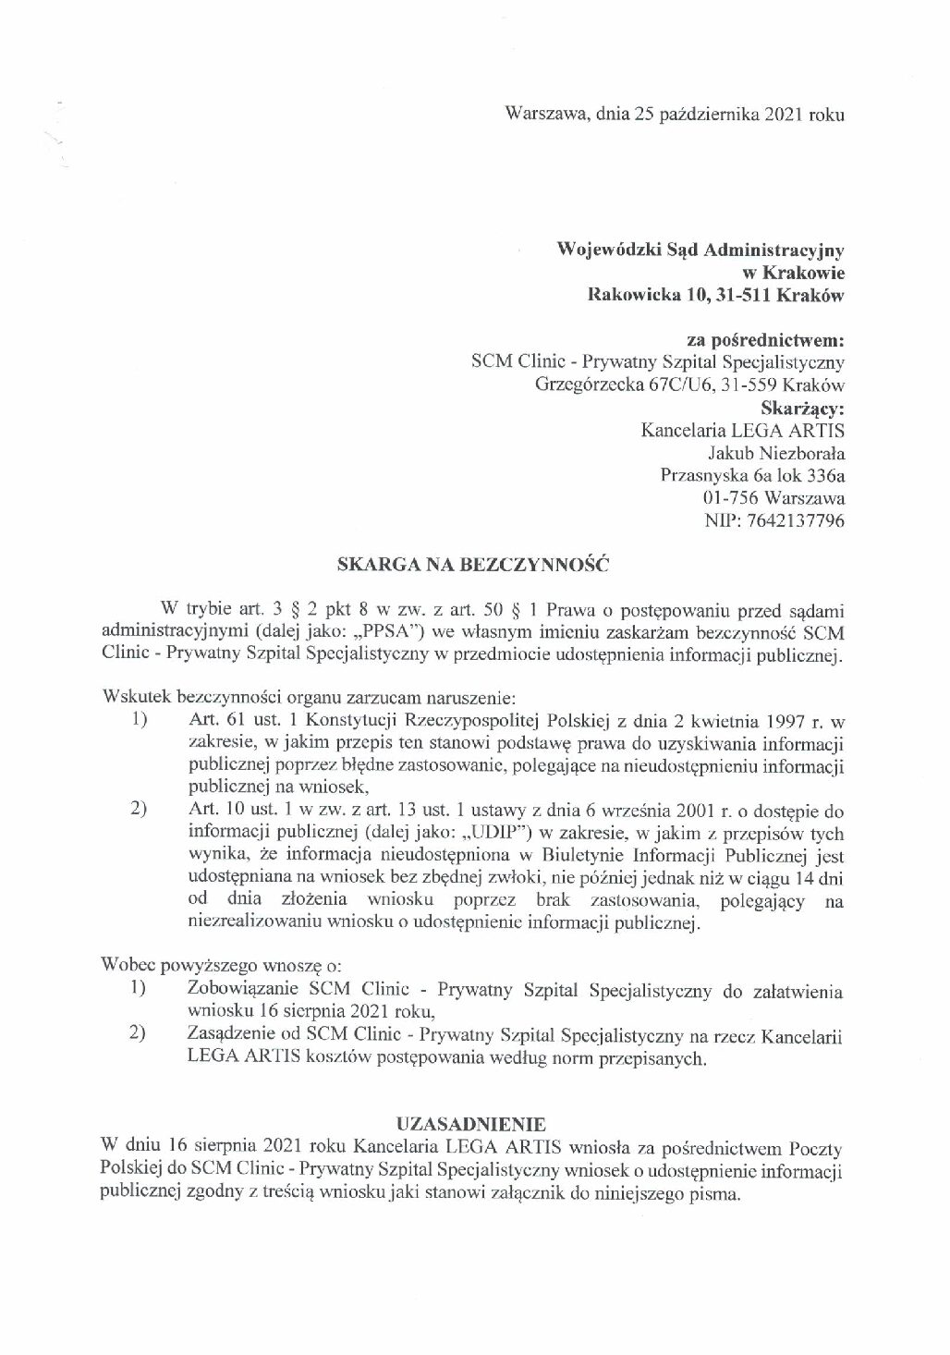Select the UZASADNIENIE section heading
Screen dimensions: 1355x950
(x=471, y=1124)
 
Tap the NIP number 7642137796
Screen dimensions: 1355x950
(x=799, y=521)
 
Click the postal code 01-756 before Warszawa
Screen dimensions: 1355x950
(x=732, y=499)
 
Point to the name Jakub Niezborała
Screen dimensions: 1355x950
(x=776, y=454)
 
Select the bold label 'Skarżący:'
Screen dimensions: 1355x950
(x=801, y=408)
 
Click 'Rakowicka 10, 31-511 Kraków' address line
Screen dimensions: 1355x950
(x=716, y=296)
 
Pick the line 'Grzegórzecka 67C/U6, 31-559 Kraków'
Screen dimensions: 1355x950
(x=689, y=385)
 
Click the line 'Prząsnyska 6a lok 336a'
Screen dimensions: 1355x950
(x=753, y=476)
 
